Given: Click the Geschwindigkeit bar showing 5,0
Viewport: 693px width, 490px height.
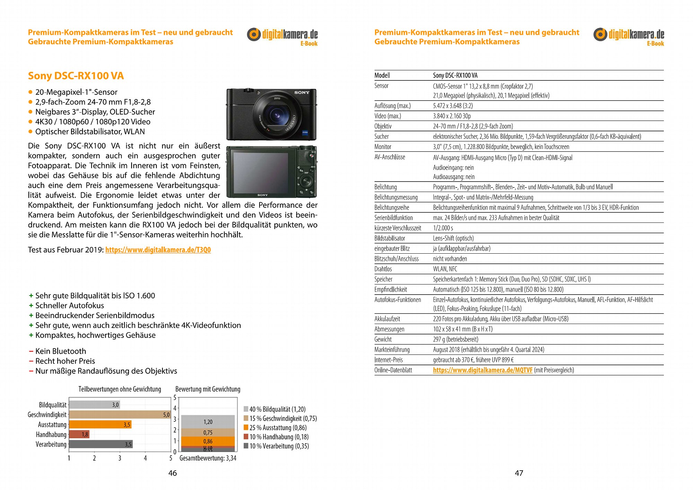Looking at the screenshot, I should [x=120, y=414].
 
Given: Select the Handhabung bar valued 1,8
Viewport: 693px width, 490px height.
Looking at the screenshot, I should [x=79, y=434].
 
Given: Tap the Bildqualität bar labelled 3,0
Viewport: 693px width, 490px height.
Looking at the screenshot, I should [x=94, y=404].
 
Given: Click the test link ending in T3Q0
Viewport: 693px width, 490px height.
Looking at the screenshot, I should [x=158, y=250].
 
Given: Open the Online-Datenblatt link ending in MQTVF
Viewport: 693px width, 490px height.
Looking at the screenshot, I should [x=482, y=370].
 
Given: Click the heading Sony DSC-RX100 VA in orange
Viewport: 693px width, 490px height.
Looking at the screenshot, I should [x=76, y=76].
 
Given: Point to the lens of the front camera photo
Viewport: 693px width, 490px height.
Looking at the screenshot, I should [x=277, y=114].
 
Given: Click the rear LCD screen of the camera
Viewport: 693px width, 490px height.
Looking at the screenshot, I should [x=261, y=172].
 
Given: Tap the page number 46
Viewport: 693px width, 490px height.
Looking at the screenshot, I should [x=173, y=473].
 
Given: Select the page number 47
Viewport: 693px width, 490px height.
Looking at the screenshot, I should [x=519, y=473].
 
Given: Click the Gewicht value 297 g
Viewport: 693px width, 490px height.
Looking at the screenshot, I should [x=455, y=339].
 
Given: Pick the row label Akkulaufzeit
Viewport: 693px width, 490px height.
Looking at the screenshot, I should [x=387, y=319].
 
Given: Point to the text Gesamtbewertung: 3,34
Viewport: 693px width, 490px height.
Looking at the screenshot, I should [x=208, y=458].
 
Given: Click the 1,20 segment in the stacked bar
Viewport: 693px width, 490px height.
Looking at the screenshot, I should [x=208, y=422].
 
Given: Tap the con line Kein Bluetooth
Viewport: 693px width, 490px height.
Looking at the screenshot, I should [x=60, y=351].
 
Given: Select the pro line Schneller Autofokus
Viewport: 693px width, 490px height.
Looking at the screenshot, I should [x=69, y=306].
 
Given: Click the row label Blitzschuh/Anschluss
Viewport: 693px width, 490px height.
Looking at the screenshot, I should [x=396, y=259].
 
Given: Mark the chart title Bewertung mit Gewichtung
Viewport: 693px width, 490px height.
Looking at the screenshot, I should [x=208, y=389].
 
